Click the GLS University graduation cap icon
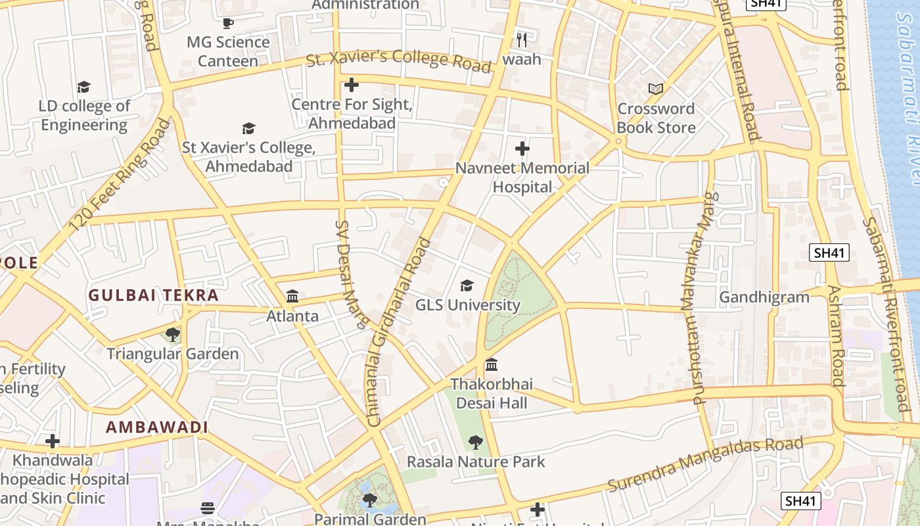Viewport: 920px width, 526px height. pos(467,285)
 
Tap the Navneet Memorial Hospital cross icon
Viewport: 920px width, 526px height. pos(522,149)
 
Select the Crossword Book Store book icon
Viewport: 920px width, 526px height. pos(655,89)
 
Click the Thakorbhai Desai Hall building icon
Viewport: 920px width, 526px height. pos(492,364)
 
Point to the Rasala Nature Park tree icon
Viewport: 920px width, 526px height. pos(476,442)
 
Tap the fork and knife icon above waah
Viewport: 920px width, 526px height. pos(522,40)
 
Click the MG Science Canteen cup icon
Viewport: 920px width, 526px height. pos(228,23)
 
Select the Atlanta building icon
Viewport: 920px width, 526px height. pos(292,297)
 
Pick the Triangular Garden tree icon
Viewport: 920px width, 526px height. pos(173,335)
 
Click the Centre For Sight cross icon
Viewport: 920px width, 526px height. pos(352,85)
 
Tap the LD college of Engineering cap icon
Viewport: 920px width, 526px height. pos(83,87)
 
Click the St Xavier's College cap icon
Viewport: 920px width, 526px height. pos(248,128)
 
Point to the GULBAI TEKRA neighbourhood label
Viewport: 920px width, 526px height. pos(154,295)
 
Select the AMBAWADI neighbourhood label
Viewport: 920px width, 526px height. pos(157,427)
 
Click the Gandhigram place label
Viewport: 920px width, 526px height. pos(764,297)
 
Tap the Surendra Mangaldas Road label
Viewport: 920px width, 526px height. pos(705,464)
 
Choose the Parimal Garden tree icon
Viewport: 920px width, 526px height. pos(370,500)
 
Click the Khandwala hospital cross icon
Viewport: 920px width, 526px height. pos(53,441)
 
